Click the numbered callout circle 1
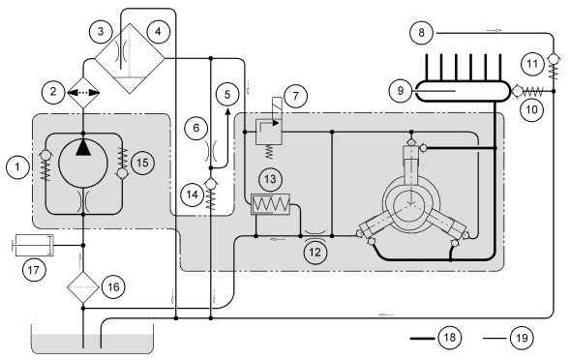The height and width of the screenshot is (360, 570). (x=17, y=166)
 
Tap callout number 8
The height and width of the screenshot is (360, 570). (x=421, y=33)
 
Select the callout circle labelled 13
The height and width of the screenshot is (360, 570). (x=270, y=179)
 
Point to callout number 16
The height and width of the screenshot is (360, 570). (x=113, y=286)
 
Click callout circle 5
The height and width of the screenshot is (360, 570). (x=227, y=95)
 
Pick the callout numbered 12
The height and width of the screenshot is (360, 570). (x=315, y=252)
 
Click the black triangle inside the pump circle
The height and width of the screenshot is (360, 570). (x=83, y=148)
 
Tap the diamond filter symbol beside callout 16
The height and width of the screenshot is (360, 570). (x=83, y=287)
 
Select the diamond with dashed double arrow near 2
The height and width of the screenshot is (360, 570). (x=83, y=93)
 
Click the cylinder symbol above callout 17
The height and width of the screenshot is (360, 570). (x=33, y=246)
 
